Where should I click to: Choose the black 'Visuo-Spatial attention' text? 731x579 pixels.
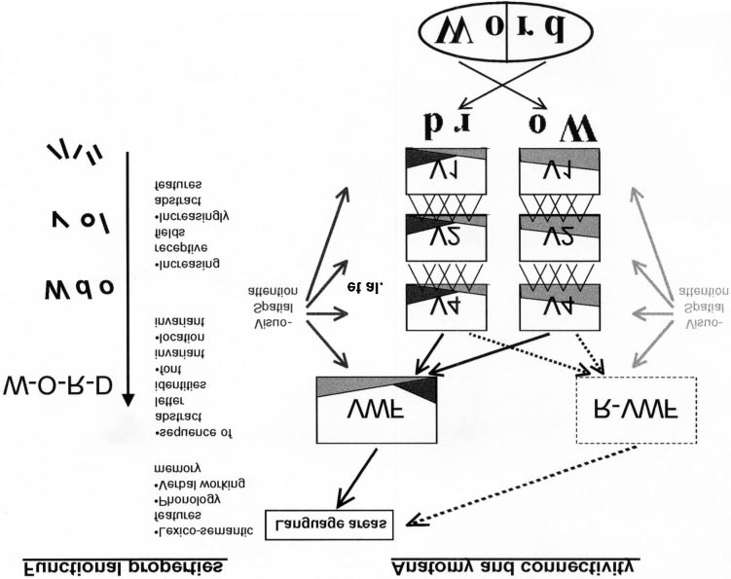279,304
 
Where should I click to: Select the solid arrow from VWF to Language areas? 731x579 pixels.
359,476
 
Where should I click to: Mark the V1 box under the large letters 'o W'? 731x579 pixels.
559,171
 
